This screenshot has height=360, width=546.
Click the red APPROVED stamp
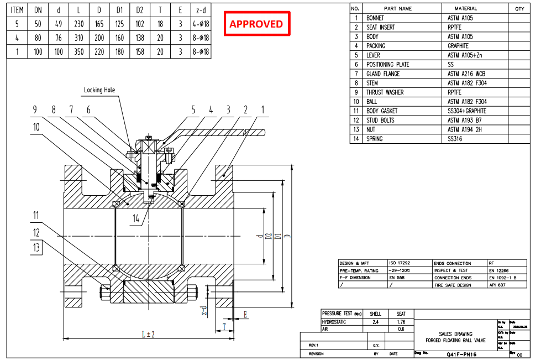[x=256, y=24]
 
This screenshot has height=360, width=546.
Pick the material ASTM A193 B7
[x=465, y=120]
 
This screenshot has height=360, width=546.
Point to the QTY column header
[x=519, y=9]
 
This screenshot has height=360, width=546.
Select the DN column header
[x=38, y=9]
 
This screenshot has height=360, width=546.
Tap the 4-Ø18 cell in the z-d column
[x=200, y=24]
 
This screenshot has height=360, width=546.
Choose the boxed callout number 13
[x=36, y=247]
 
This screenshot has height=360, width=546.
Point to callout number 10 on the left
[x=36, y=127]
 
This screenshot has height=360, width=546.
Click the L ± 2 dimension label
[x=148, y=334]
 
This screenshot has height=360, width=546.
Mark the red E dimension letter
[x=244, y=315]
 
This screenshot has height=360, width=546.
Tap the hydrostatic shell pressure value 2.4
[x=375, y=321]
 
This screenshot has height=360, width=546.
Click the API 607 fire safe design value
[x=497, y=285]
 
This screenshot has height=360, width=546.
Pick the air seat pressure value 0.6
[x=401, y=328]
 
